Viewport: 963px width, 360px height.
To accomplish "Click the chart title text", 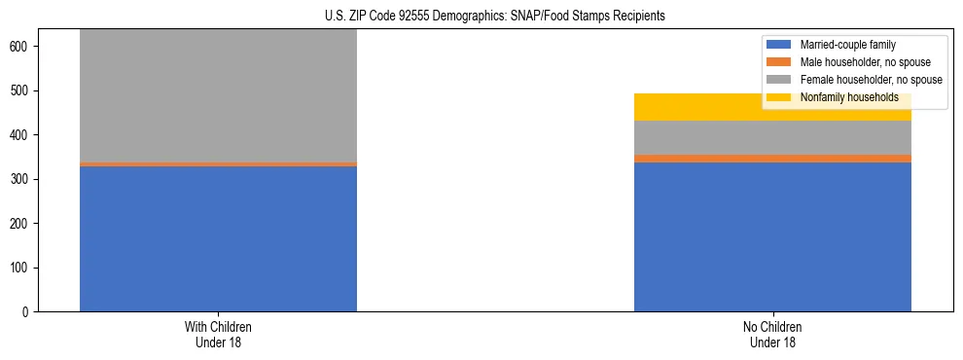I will point(495,16).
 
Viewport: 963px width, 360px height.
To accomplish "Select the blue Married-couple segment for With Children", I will point(218,238).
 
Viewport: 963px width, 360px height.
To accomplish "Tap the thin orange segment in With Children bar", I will point(218,164).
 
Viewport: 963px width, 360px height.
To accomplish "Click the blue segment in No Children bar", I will point(772,236).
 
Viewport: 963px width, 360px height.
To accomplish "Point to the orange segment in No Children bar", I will point(772,159).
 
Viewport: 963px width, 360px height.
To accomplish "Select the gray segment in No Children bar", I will point(772,137).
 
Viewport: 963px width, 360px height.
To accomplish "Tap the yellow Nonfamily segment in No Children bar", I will point(772,107).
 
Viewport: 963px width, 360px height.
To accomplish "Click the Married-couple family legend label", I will point(847,45).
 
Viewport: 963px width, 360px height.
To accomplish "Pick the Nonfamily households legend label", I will point(848,97).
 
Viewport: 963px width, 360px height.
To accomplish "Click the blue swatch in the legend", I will point(779,45).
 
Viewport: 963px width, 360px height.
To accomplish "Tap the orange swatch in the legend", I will point(779,62).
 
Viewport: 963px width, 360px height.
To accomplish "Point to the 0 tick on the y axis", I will point(27,312).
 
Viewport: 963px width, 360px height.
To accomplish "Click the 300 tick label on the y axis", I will point(21,179).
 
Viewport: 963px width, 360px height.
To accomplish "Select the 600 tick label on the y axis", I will point(21,47).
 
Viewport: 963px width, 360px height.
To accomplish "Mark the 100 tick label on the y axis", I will point(21,268).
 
